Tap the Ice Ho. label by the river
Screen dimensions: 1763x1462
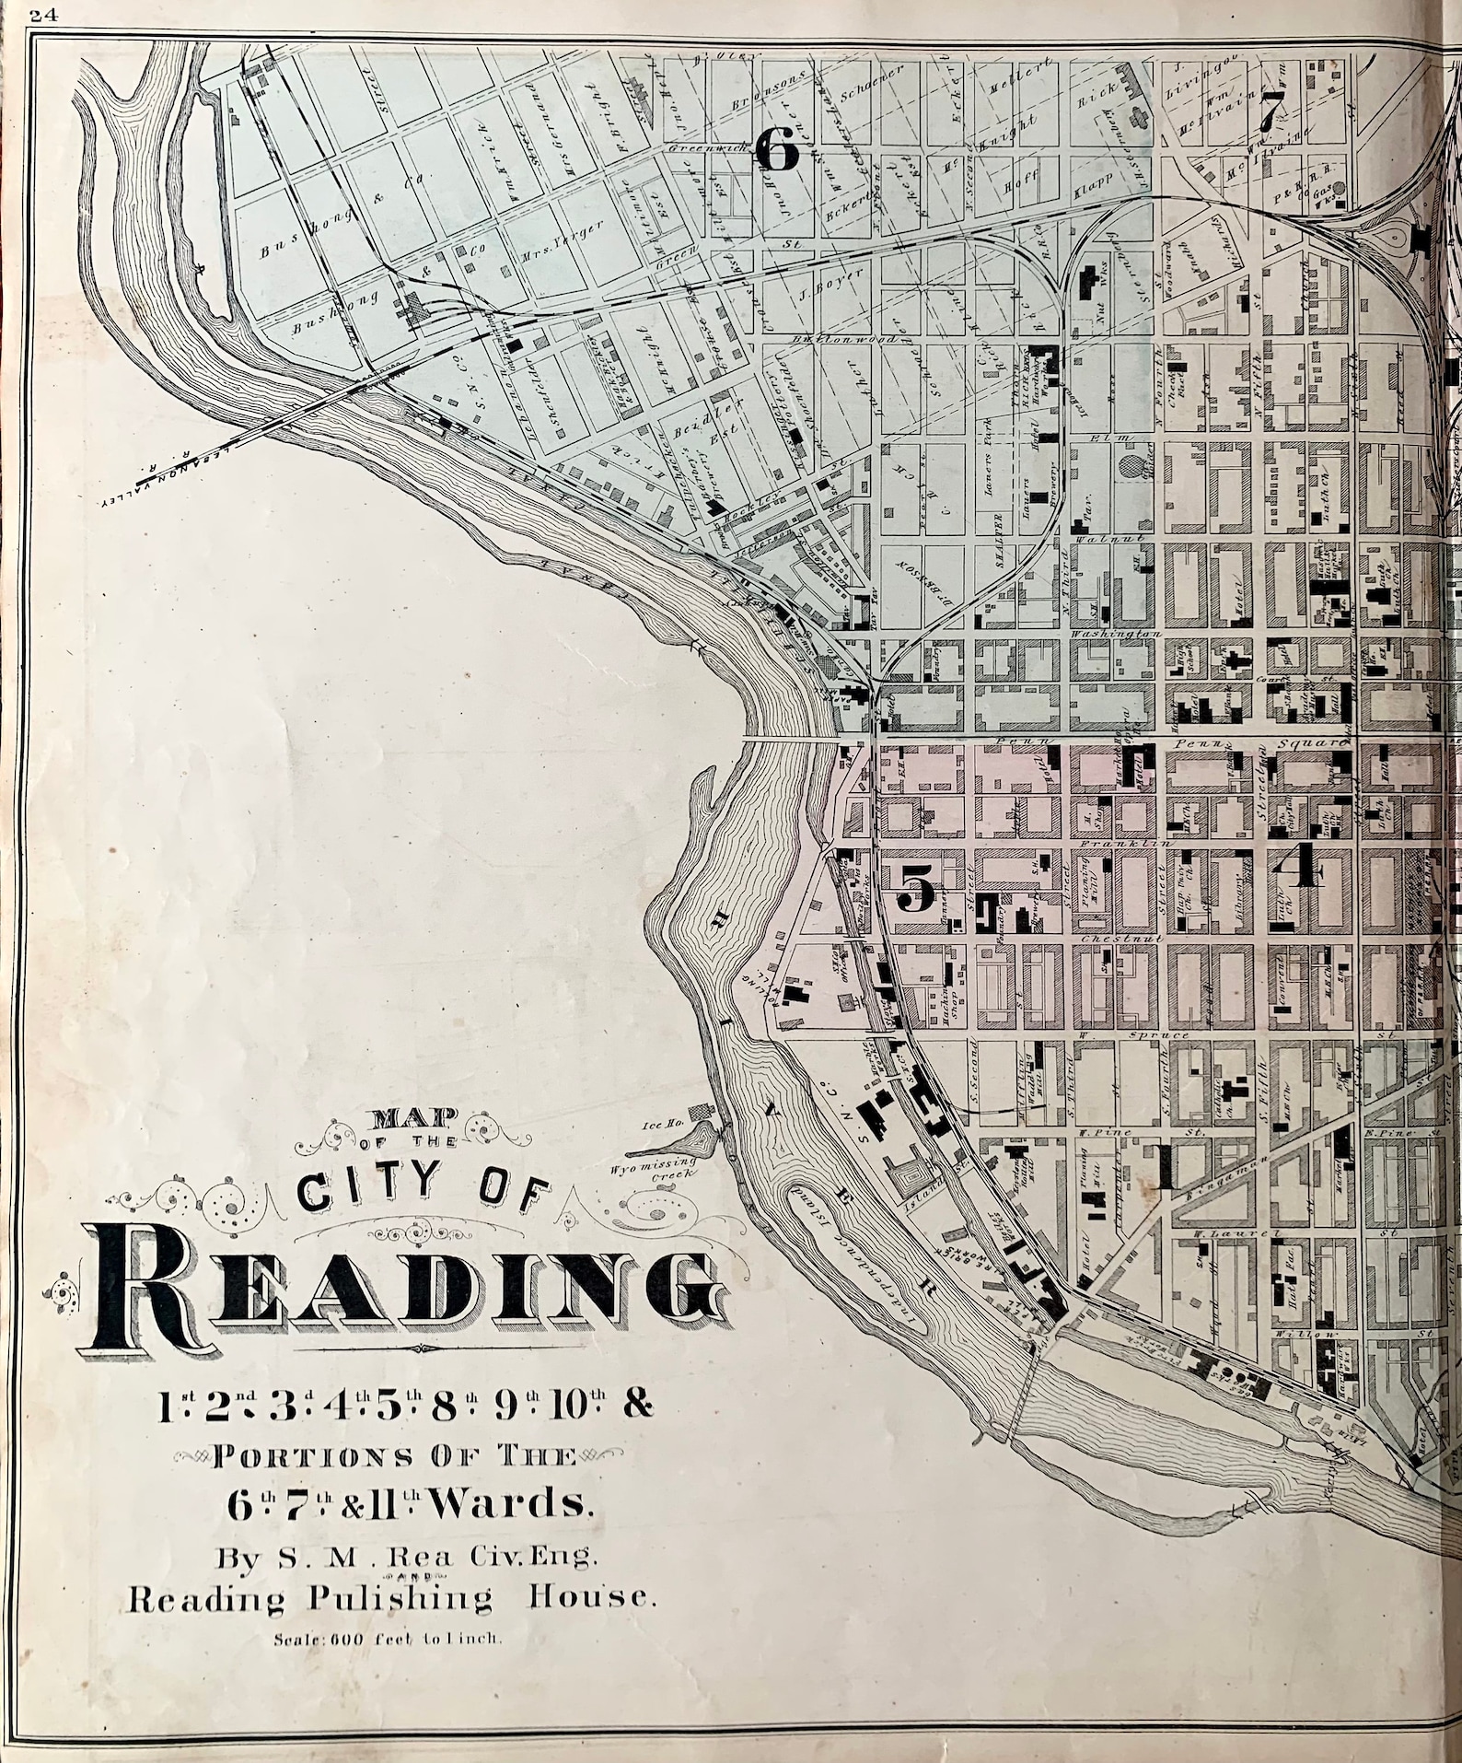click(x=662, y=1124)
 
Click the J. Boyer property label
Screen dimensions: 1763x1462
click(x=816, y=295)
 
